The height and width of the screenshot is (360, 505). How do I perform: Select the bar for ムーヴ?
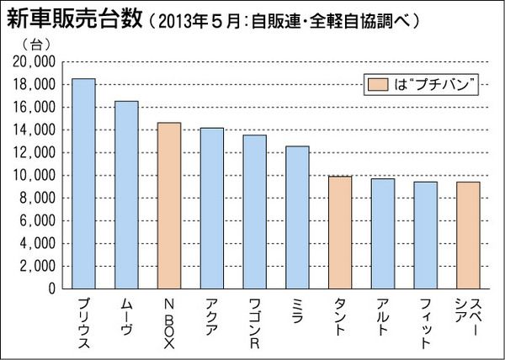point(126,194)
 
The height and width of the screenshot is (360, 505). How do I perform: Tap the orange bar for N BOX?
point(169,205)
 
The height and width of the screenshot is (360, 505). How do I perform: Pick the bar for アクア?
point(212,208)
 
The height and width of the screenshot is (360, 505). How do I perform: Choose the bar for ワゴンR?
point(254,211)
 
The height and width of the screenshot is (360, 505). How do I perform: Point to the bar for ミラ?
point(297,217)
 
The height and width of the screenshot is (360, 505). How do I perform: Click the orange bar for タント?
point(340,232)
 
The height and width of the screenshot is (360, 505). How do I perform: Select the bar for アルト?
point(383,233)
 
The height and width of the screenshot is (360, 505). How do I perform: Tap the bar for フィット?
point(426,235)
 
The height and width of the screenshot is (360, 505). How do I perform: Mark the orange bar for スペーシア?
point(469,235)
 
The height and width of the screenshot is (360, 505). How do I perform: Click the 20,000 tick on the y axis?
point(35,62)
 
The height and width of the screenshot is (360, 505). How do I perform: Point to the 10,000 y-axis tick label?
point(35,176)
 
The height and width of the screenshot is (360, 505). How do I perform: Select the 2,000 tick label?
point(38,266)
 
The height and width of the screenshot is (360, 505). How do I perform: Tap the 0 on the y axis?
point(51,289)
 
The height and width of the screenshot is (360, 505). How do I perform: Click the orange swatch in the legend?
point(376,85)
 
